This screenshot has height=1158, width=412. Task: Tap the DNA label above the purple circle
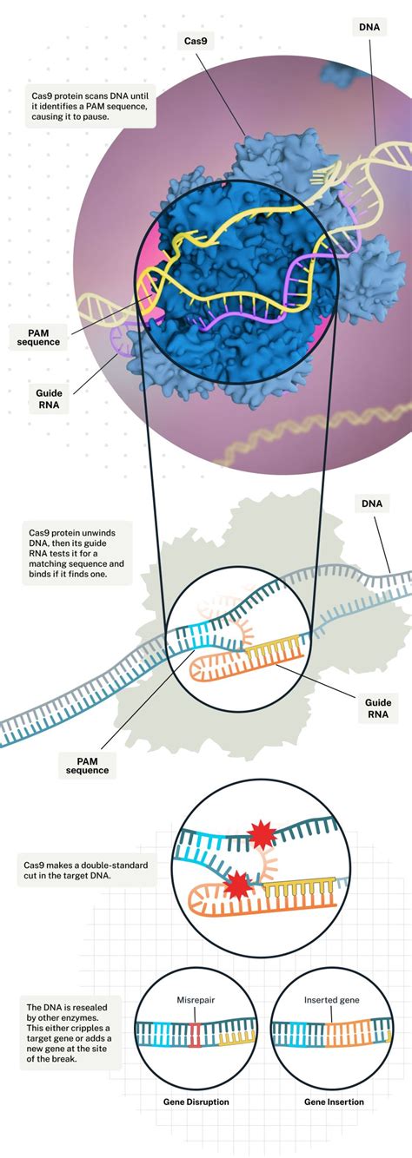369,28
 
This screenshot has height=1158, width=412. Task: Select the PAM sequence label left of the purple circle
38,336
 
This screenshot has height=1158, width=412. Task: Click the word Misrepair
196,999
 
